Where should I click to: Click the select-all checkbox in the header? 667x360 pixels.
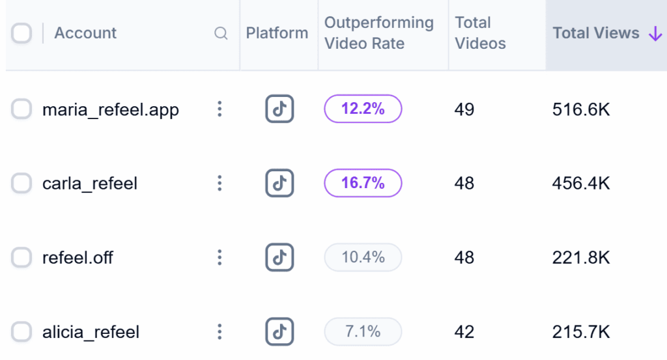21,33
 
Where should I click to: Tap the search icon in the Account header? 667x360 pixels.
221,33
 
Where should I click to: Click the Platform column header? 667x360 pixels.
277,33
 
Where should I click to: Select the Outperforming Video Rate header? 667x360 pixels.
378,33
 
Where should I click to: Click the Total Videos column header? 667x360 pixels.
480,33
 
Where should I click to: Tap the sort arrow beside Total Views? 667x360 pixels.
655,34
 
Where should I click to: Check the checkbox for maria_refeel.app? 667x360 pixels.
21,109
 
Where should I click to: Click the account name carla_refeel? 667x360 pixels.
90,184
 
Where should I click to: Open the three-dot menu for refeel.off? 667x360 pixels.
220,258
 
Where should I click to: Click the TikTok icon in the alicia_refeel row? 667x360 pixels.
279,332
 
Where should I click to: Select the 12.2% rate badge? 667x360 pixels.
363,109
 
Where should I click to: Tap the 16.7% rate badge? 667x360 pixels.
363,184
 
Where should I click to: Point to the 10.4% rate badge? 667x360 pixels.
363,258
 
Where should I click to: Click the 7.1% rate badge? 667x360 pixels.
363,332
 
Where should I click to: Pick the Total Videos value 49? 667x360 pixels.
464,109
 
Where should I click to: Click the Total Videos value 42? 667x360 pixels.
464,332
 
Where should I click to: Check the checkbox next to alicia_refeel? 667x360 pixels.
21,332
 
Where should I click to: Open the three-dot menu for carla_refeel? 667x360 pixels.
220,184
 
